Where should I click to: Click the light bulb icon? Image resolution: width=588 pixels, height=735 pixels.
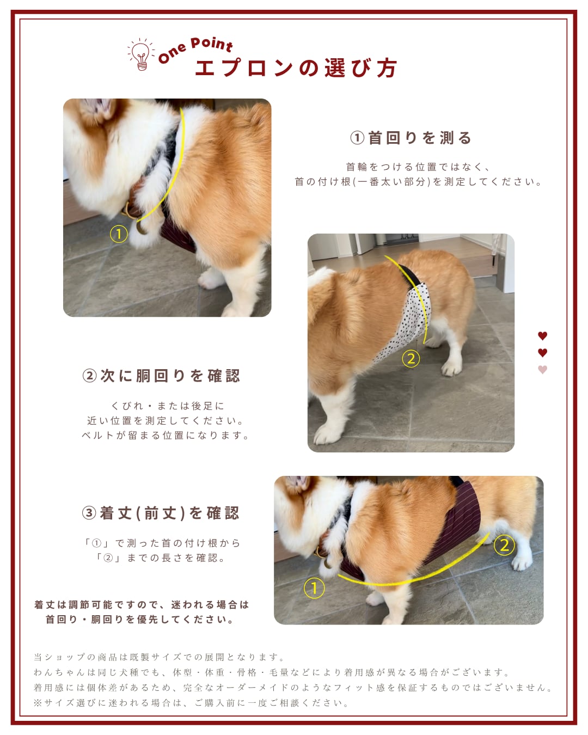141,54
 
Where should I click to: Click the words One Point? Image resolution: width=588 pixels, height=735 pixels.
196,50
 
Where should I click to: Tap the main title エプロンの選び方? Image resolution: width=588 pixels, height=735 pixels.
296,68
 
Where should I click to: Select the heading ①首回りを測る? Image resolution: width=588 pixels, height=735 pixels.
411,138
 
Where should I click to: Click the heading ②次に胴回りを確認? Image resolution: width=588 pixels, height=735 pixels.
162,376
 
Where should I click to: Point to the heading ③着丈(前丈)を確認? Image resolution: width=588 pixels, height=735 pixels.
161,513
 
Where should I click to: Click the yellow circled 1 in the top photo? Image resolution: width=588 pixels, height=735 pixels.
119,234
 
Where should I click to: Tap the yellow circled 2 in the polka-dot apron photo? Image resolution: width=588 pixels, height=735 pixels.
411,359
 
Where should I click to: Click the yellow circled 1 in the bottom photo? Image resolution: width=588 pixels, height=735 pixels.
314,588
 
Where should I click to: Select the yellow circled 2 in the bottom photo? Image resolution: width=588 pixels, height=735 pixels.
504,546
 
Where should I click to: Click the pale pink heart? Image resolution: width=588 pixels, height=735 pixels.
543,370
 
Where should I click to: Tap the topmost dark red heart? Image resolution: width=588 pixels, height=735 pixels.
543,336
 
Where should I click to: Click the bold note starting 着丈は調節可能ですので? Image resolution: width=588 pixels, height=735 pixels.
142,612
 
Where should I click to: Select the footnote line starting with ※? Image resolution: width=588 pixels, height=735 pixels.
191,702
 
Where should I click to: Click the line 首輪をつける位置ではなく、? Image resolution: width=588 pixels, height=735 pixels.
418,167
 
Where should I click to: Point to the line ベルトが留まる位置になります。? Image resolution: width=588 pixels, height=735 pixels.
166,436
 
